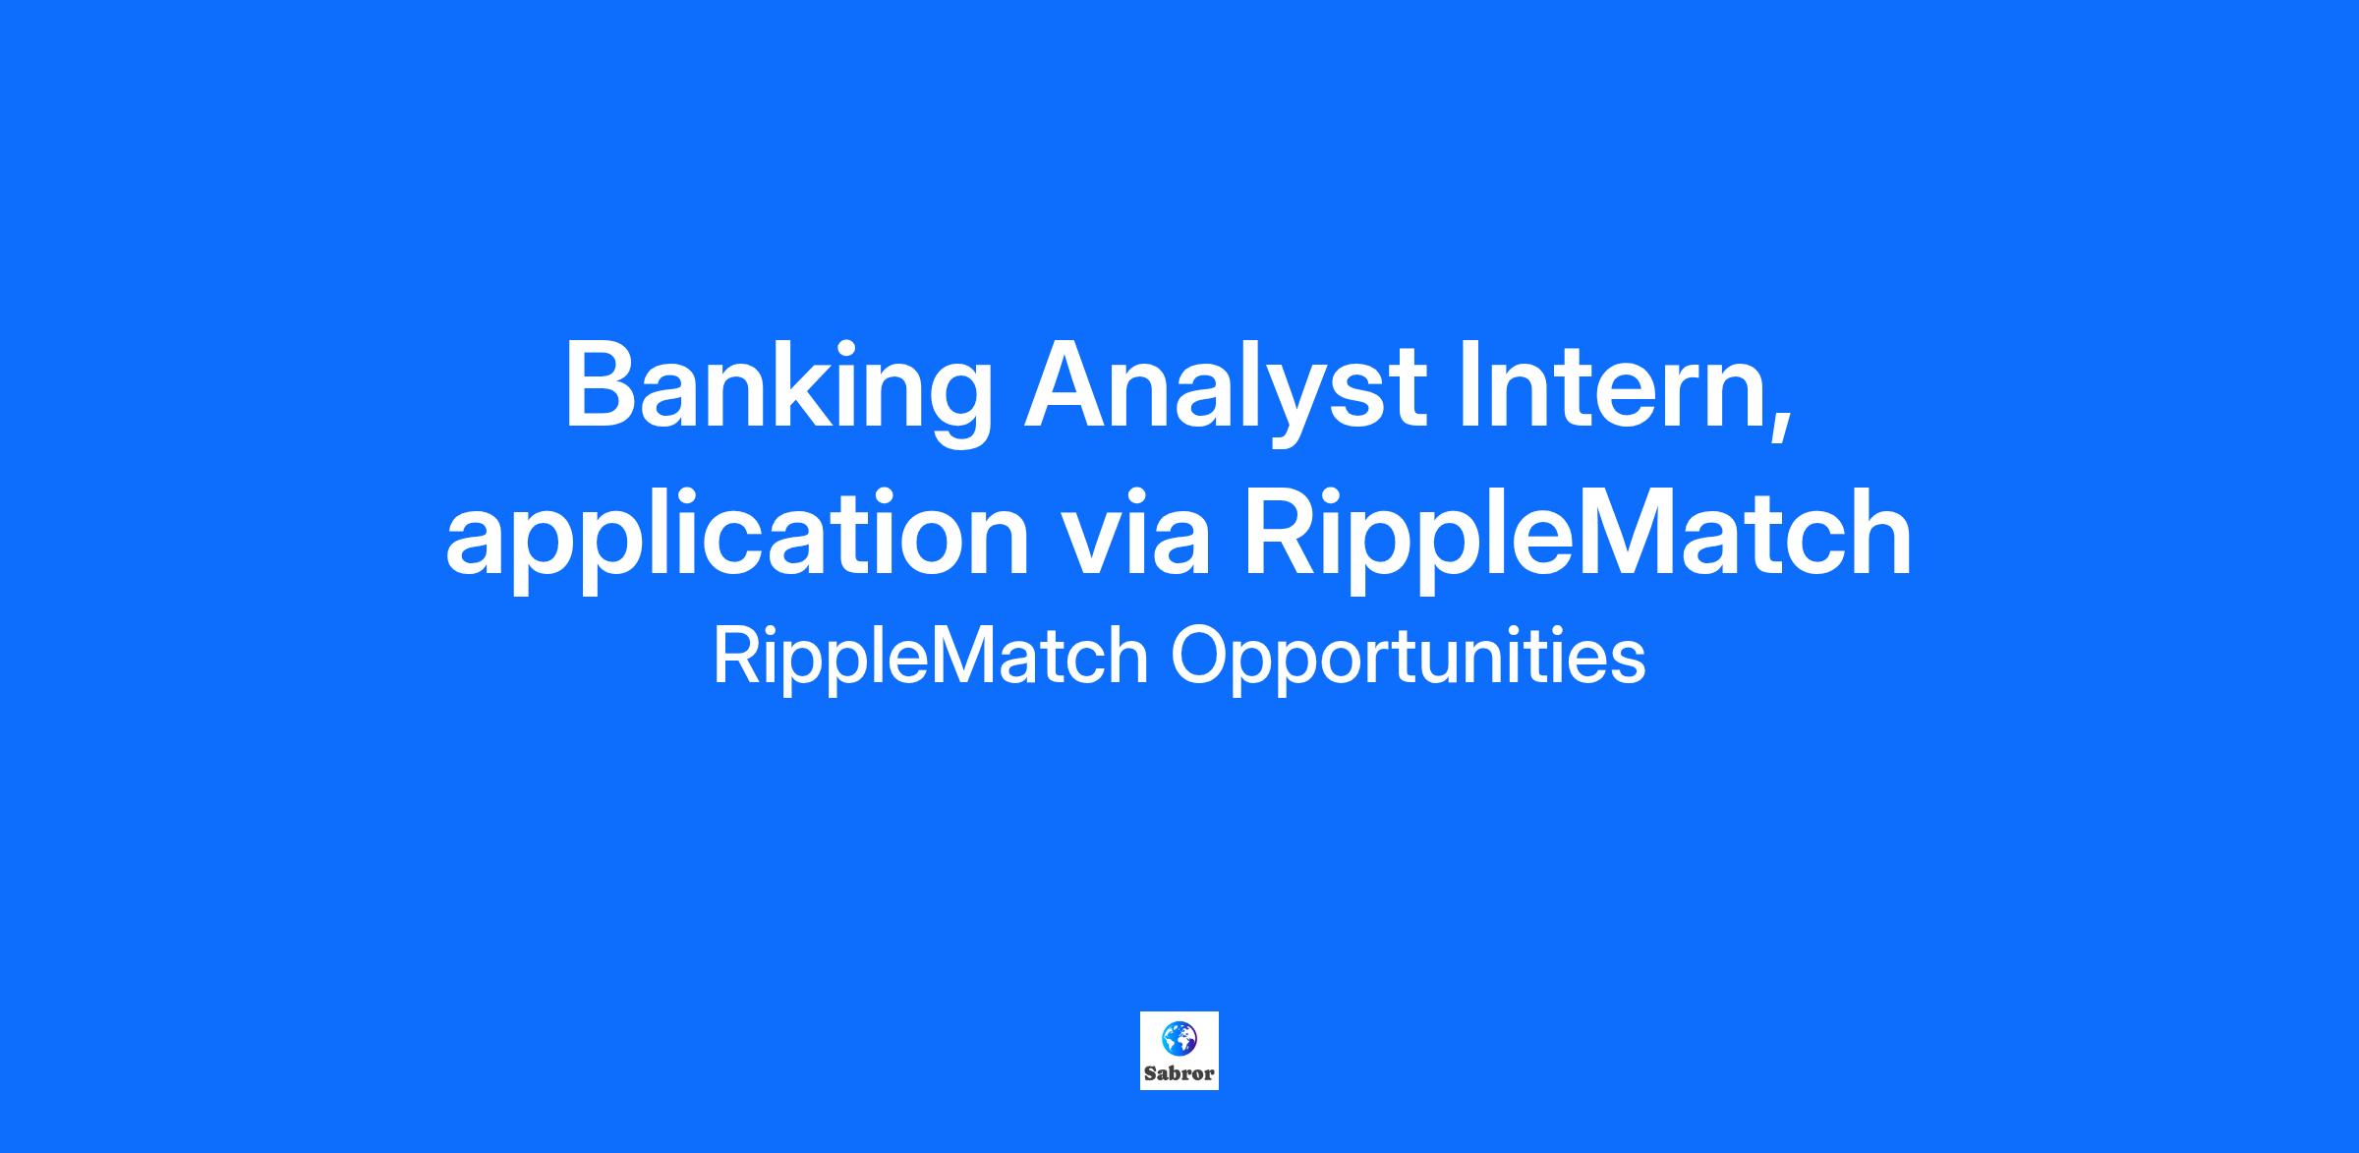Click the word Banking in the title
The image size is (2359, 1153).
click(777, 391)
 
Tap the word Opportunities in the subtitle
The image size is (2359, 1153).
click(1408, 657)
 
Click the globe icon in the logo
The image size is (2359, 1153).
click(1179, 1037)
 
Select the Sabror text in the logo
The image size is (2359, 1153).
click(1179, 1072)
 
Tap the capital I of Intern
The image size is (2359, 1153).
click(1471, 384)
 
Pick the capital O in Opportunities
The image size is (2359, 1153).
click(1204, 657)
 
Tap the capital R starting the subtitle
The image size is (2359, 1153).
click(736, 657)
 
